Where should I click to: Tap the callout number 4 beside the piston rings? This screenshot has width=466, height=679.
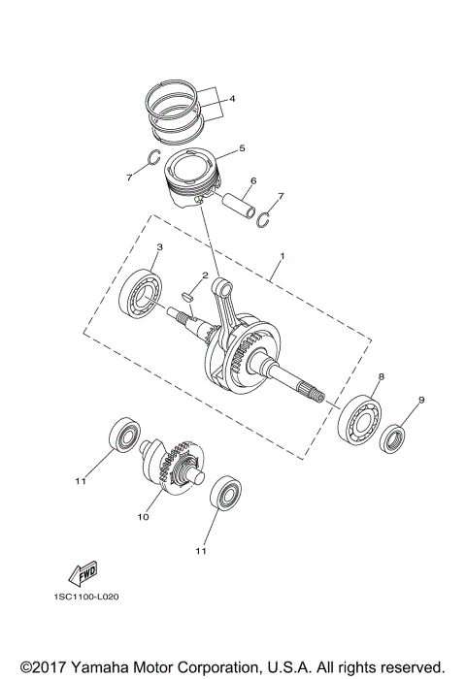coord(232,99)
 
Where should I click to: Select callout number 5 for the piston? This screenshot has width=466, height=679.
coord(242,148)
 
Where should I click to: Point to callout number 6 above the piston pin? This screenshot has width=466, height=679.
coord(252,180)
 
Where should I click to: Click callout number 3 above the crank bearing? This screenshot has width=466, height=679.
coord(159,247)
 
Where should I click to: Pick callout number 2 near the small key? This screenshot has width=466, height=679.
coord(205,275)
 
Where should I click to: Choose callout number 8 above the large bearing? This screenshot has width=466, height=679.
coord(382,375)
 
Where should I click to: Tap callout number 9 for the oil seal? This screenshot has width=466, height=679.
coord(420,400)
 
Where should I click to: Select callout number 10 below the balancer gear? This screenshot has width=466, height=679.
coord(143,517)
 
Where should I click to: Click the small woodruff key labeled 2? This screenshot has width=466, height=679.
coord(186,287)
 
